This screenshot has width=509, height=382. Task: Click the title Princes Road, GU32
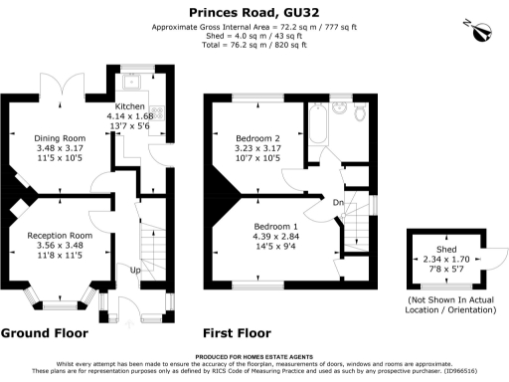(254, 11)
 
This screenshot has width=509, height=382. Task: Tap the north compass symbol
(481, 31)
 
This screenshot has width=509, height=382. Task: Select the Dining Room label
(60, 137)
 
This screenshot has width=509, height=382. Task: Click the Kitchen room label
(130, 106)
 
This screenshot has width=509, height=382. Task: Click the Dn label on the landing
(339, 204)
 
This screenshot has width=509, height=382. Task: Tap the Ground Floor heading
(46, 333)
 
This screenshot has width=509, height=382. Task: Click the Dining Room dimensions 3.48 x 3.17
(60, 148)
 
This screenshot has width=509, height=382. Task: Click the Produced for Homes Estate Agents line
(254, 356)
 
